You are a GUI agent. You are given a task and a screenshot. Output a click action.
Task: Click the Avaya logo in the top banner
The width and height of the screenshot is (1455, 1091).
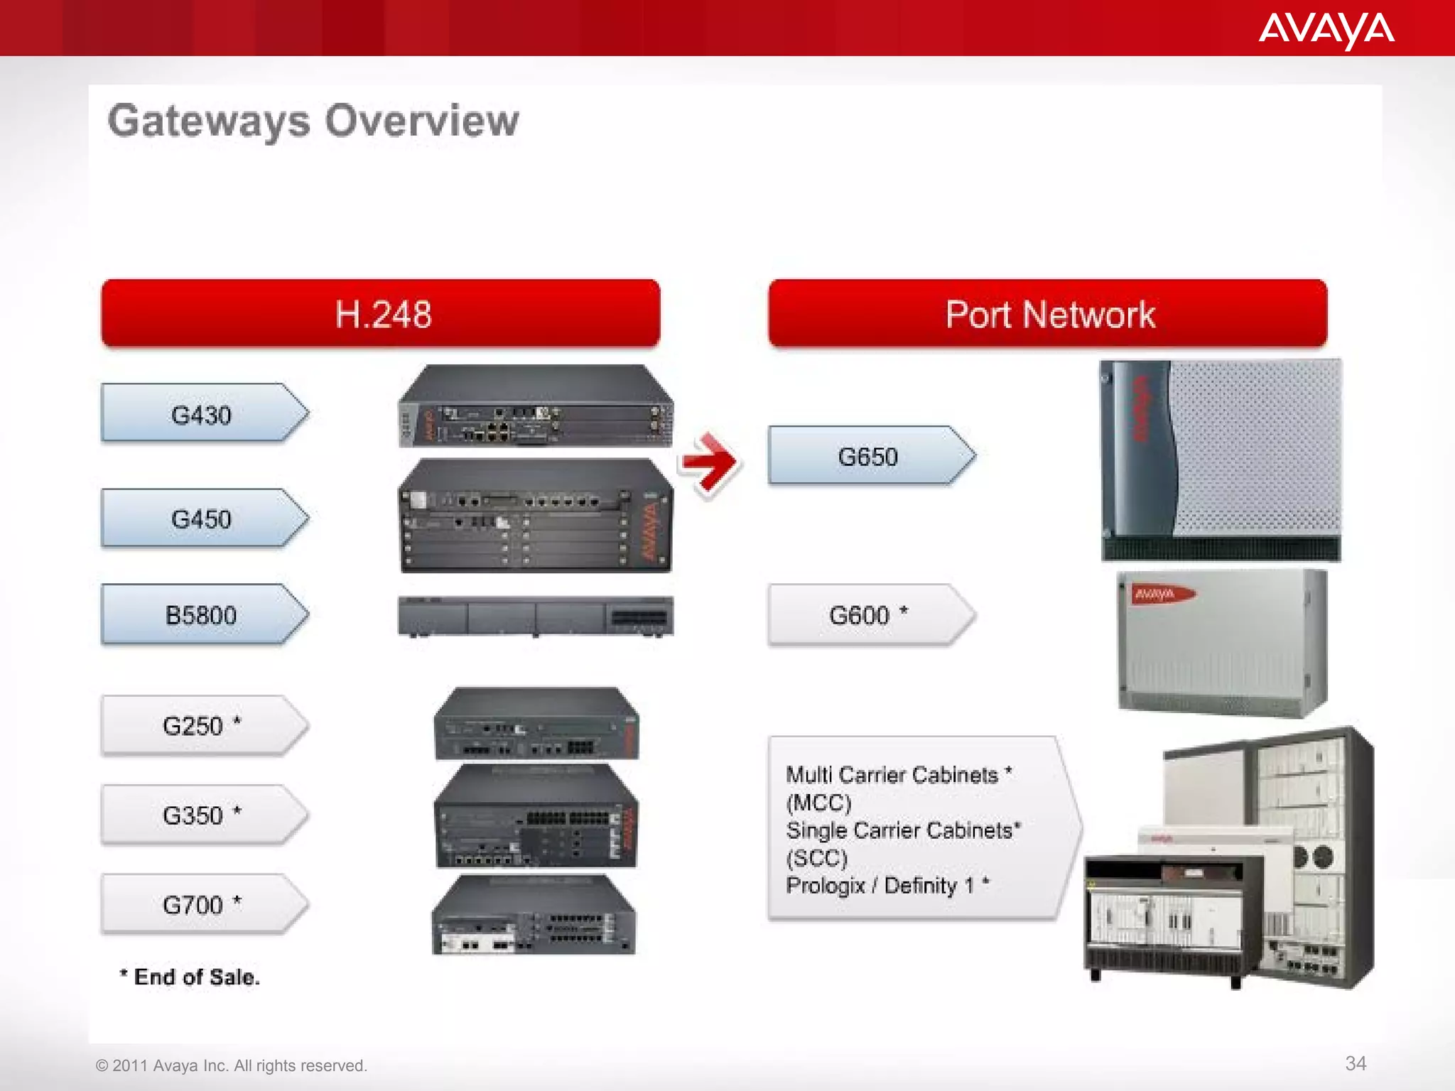1326,31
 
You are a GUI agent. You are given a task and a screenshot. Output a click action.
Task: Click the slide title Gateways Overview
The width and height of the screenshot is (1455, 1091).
313,121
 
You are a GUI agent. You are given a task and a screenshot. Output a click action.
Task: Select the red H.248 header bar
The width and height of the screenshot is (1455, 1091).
381,314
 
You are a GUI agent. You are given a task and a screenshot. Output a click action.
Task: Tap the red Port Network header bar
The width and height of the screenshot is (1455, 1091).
1047,314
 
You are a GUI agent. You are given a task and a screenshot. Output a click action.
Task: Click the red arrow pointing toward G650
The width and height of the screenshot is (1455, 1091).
709,463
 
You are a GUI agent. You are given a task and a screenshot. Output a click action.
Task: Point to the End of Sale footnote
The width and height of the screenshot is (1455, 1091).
190,977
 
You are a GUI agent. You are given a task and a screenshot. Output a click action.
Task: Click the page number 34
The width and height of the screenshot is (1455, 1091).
1356,1063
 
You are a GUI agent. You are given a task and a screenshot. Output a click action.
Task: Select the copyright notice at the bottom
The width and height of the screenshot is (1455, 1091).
232,1065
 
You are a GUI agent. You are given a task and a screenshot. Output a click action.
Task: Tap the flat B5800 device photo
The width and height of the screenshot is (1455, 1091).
535,616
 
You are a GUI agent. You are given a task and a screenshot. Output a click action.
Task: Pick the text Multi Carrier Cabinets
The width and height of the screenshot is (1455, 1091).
892,774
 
